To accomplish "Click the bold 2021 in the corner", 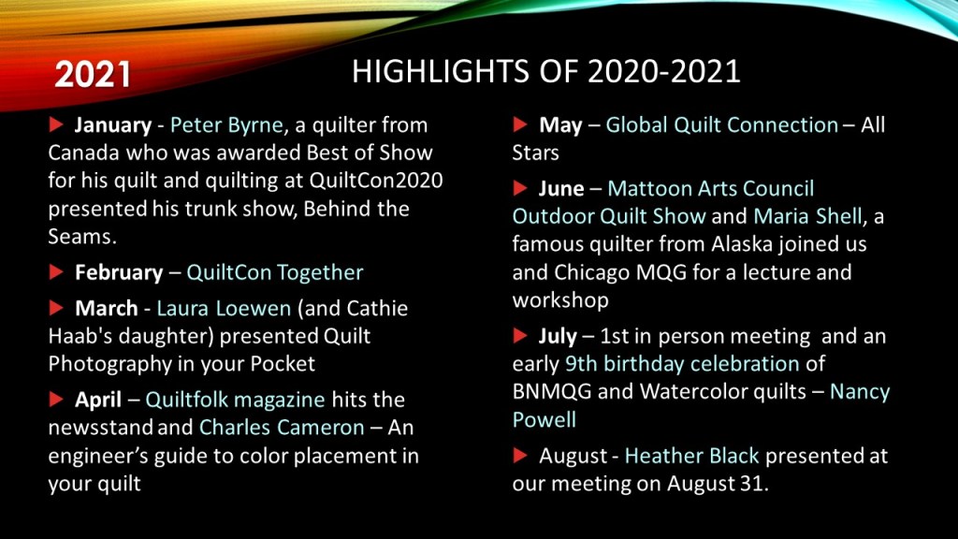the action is [x=93, y=75].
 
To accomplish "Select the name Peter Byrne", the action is [x=226, y=125].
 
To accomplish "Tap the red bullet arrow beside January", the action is [x=56, y=124].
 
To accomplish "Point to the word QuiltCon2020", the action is [x=376, y=181].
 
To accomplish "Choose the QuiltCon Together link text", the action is [x=275, y=272].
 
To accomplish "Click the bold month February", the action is [x=119, y=272].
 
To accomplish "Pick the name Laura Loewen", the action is [x=224, y=308].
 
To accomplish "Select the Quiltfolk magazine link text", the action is [x=235, y=400].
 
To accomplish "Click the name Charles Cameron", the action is [x=282, y=427].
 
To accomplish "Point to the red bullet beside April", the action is [x=56, y=400].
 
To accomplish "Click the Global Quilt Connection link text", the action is [x=721, y=124].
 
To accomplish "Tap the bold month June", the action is [x=561, y=189].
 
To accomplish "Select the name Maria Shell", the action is [x=807, y=216].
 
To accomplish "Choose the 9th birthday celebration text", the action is [x=682, y=364].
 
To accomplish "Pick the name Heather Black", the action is [x=691, y=456].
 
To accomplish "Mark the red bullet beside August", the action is [x=520, y=456].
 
